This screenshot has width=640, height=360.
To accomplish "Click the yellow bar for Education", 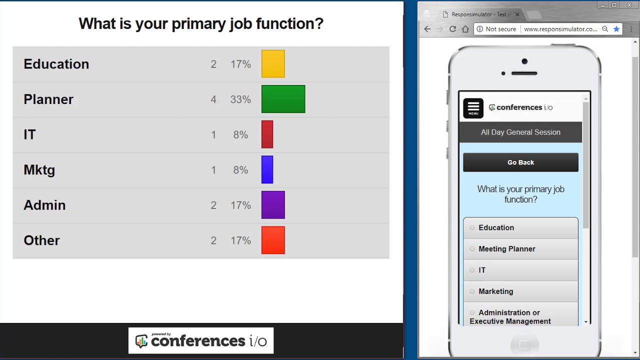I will [x=273, y=64].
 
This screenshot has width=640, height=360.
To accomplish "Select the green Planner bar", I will [x=283, y=99].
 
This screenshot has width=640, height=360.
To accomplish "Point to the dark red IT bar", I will [x=267, y=134].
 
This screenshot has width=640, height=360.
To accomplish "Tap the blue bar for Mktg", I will [x=267, y=169].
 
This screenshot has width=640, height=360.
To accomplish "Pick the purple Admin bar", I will [x=273, y=205].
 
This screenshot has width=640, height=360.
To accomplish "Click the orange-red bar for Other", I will [x=273, y=240].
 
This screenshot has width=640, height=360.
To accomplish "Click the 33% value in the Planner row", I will [x=240, y=99].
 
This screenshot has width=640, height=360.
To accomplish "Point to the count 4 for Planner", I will [x=213, y=99].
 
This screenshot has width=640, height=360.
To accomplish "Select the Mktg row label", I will [x=39, y=170].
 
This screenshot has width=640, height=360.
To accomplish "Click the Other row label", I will [x=41, y=240].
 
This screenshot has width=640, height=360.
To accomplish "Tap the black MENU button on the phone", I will [x=473, y=108].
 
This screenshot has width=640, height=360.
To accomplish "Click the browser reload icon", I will [x=452, y=29].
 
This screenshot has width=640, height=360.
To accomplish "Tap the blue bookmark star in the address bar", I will [x=616, y=29].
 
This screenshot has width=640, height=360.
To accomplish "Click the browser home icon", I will [x=465, y=29].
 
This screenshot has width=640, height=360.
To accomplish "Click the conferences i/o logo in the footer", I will [x=201, y=341].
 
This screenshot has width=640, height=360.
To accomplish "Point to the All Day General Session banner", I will [x=520, y=132].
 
